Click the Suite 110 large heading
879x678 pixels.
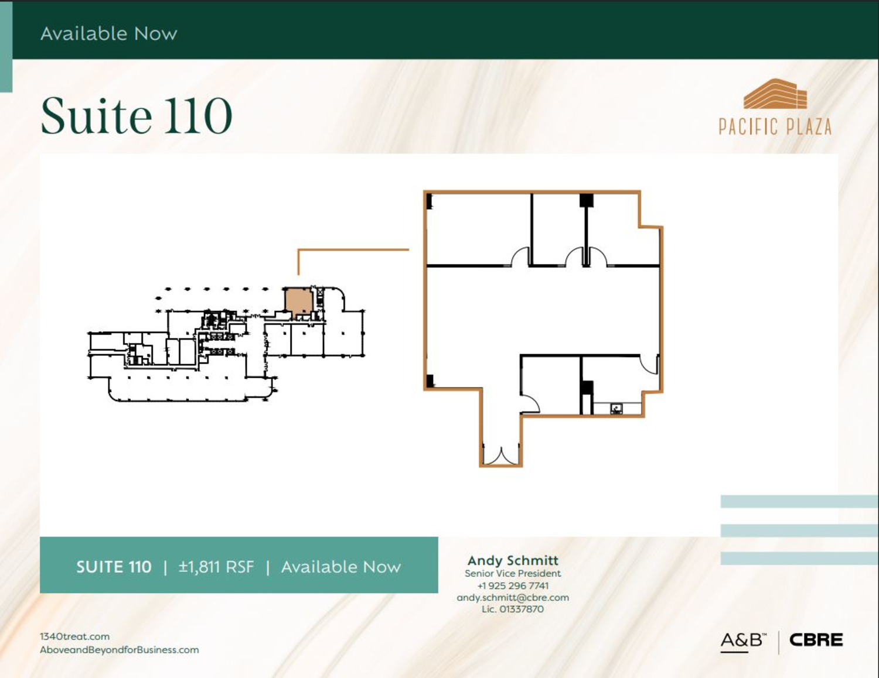pyautogui.click(x=137, y=115)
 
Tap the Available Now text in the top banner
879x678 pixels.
pyautogui.click(x=109, y=33)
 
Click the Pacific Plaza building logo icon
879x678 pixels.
pyautogui.click(x=775, y=94)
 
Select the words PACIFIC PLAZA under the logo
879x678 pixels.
pyautogui.click(x=775, y=126)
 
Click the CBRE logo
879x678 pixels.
pyautogui.click(x=816, y=639)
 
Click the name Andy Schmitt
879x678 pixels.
pyautogui.click(x=513, y=560)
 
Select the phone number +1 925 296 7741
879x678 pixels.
pyautogui.click(x=513, y=585)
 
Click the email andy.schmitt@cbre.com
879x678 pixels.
pyautogui.click(x=513, y=597)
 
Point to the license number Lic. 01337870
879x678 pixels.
pyautogui.click(x=513, y=609)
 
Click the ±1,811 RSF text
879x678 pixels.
pyautogui.click(x=216, y=567)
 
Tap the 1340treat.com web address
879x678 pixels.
pyautogui.click(x=75, y=636)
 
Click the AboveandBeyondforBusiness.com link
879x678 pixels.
pyautogui.click(x=120, y=650)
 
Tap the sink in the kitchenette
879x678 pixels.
pyautogui.click(x=616, y=409)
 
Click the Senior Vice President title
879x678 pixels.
pyautogui.click(x=513, y=573)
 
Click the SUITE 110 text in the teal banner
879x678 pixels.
pyautogui.click(x=114, y=567)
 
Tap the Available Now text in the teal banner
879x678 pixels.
pyautogui.click(x=341, y=567)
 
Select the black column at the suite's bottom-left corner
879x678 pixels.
pyautogui.click(x=430, y=381)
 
